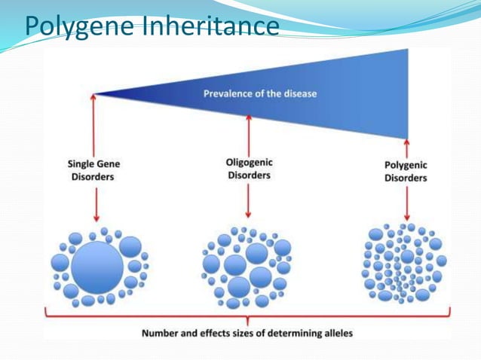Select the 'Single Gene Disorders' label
pos(95,170)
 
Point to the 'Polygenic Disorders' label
pos(406,172)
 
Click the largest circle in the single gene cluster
pos(97,264)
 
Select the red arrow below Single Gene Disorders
pos(95,203)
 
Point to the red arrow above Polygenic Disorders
pos(406,148)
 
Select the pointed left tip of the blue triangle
pos(93,94)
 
